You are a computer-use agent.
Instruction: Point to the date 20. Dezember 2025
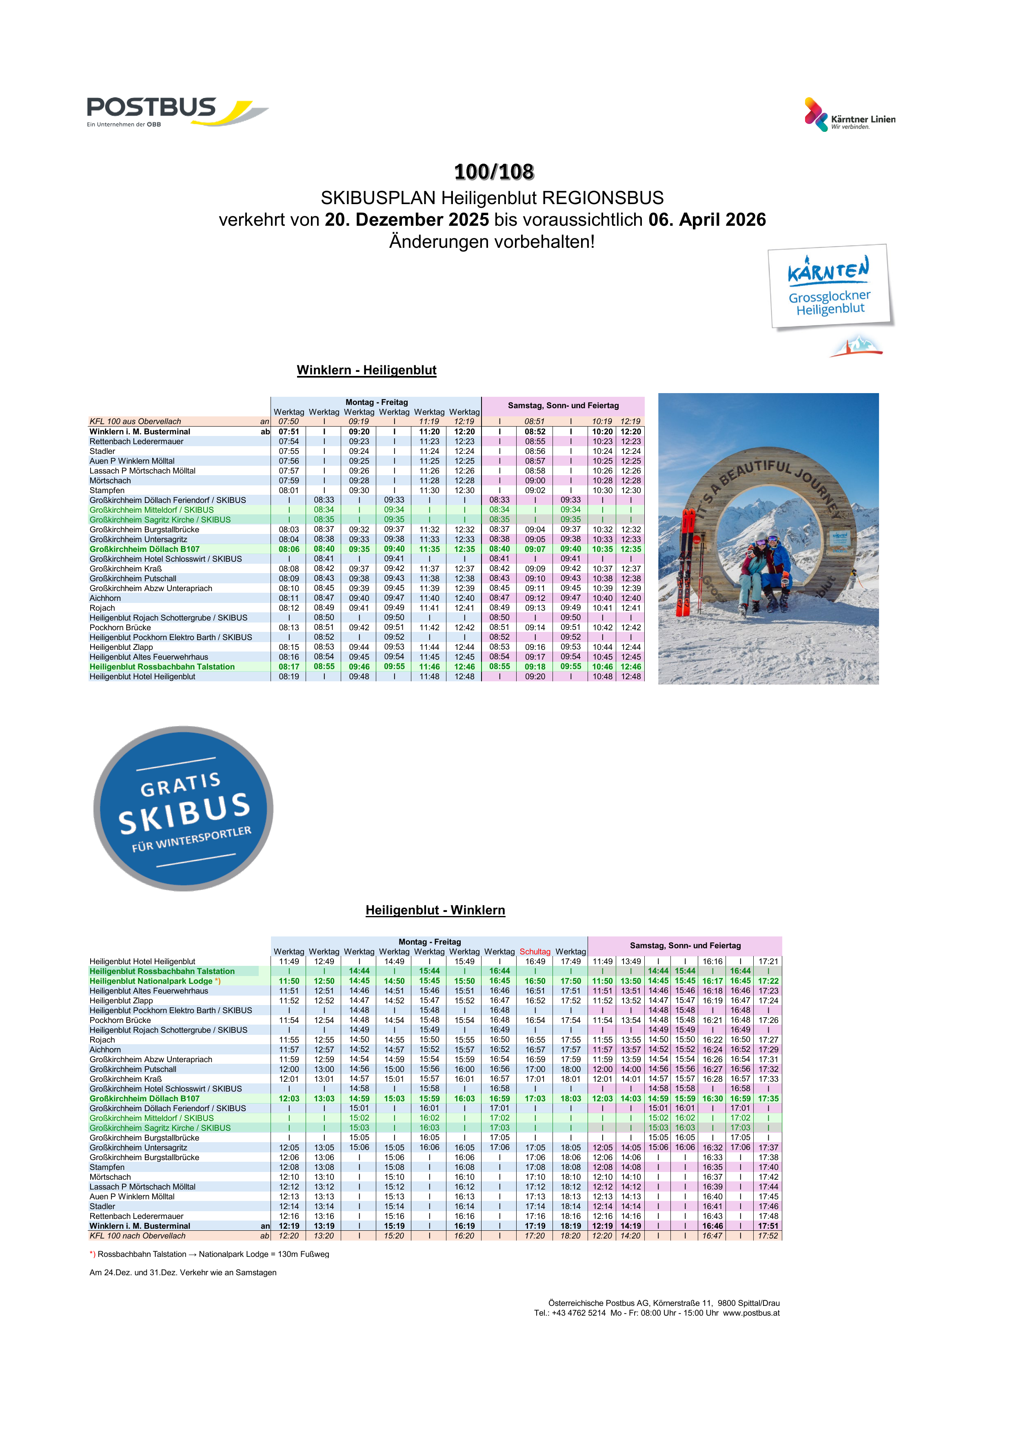pyautogui.click(x=406, y=220)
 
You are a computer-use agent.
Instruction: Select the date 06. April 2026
pyautogui.click(x=706, y=220)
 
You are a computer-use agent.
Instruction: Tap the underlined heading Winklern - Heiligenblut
pyautogui.click(x=366, y=371)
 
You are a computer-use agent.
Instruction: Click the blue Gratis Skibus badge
pyautogui.click(x=183, y=809)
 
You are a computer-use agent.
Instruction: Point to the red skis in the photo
pyautogui.click(x=686, y=561)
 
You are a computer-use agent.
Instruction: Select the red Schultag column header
pyautogui.click(x=535, y=952)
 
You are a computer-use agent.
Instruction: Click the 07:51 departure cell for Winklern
pyautogui.click(x=289, y=431)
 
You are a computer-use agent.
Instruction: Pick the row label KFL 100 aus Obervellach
pyautogui.click(x=135, y=422)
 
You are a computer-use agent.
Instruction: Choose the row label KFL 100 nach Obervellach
pyautogui.click(x=137, y=1236)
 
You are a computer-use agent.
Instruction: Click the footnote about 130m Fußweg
pyautogui.click(x=209, y=1254)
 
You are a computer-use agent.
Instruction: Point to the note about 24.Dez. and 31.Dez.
pyautogui.click(x=183, y=1272)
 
